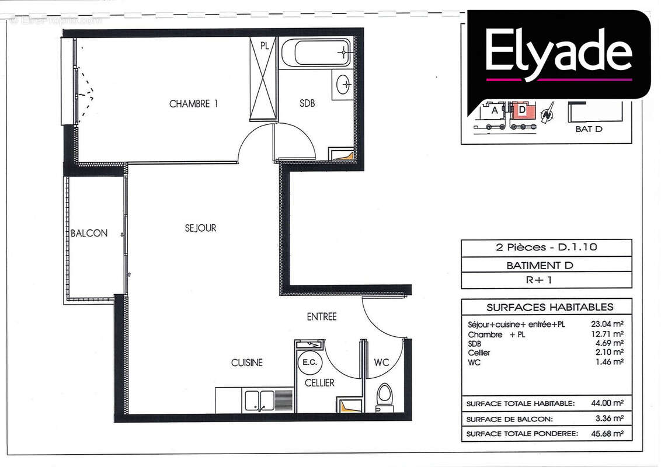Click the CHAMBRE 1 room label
(193, 104)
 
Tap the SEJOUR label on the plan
(200, 228)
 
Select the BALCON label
(89, 233)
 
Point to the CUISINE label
(246, 363)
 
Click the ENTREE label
(322, 317)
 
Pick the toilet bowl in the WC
(385, 394)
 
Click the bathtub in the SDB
(316, 53)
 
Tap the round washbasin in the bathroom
(344, 85)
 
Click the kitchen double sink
(259, 400)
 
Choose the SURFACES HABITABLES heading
(549, 307)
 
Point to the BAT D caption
(588, 129)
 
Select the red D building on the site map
(521, 110)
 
